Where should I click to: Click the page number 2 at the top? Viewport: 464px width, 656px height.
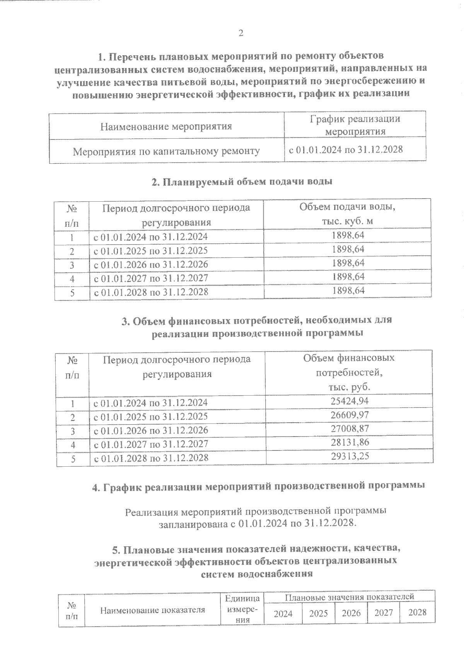(x=241, y=33)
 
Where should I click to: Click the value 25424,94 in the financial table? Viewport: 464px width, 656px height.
(x=350, y=401)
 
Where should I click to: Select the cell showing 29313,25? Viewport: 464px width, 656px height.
(x=350, y=456)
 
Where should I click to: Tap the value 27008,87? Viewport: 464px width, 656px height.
(x=350, y=428)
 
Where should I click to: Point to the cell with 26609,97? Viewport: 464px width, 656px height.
(x=350, y=415)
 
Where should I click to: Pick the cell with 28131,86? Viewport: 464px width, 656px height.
(x=350, y=442)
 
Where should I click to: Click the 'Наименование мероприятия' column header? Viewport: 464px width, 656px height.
(x=166, y=126)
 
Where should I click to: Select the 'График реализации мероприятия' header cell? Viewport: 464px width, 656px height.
(x=355, y=125)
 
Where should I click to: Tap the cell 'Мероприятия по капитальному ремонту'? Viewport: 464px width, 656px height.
(x=166, y=151)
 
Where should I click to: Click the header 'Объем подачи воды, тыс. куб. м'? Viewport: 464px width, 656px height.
(x=347, y=214)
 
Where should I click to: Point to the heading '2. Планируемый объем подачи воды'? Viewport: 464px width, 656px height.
(x=242, y=182)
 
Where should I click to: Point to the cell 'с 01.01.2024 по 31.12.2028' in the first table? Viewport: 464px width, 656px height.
(x=346, y=150)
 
